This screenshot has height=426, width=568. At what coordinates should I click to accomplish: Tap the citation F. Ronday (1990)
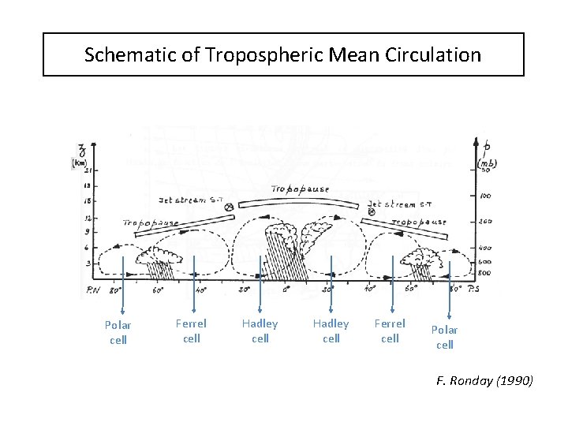tap(484, 382)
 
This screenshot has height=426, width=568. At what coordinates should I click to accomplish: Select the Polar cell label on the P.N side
tap(118, 332)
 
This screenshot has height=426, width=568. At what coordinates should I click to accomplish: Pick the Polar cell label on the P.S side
tap(445, 337)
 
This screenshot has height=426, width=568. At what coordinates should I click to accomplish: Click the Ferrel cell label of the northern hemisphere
tap(191, 331)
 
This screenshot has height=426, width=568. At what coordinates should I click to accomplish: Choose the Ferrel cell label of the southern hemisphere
tap(390, 331)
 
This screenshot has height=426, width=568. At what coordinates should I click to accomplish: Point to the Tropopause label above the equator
tap(300, 189)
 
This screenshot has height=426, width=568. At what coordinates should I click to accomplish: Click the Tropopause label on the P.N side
tap(149, 222)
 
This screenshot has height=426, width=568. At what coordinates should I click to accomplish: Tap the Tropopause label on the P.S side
tap(420, 222)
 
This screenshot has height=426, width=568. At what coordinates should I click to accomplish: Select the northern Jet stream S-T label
tap(192, 200)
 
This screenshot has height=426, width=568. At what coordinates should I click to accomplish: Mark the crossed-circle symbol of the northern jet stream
tap(229, 207)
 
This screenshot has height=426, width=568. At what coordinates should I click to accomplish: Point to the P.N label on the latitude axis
tap(92, 290)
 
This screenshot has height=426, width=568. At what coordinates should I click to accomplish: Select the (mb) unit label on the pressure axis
tap(487, 163)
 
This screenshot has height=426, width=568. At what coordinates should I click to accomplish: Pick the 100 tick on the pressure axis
tap(486, 195)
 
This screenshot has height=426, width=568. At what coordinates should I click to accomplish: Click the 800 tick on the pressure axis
tap(485, 272)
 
